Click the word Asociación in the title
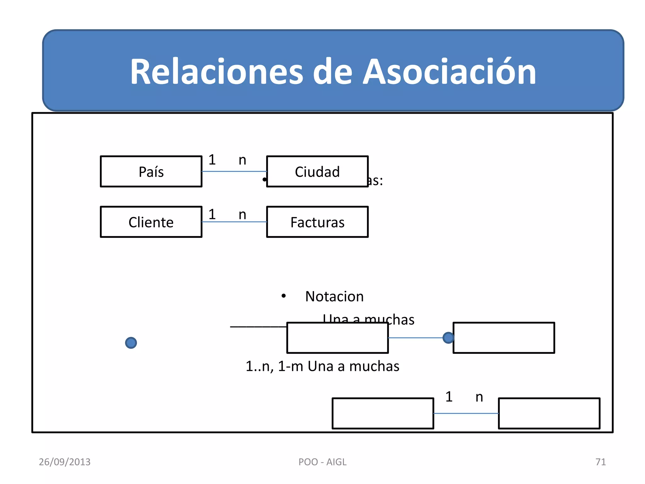449,72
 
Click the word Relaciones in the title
217,72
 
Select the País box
151,172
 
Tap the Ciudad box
317,172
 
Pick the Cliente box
151,222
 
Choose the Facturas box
317,222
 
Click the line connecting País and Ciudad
234,171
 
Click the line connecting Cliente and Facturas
234,222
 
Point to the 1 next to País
212,160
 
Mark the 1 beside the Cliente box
212,215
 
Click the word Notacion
334,297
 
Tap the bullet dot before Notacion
283,296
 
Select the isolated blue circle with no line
131,343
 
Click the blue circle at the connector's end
448,338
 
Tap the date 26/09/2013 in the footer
65,462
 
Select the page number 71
601,462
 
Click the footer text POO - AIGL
322,462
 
